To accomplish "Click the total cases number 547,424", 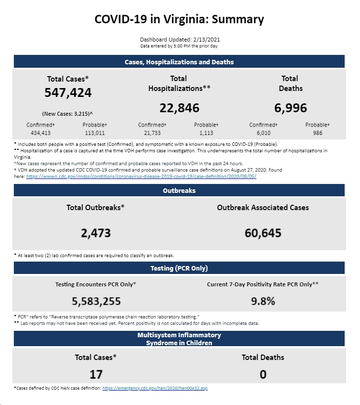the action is [68, 92].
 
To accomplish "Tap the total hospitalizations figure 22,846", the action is [180, 108].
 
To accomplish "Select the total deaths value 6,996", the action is [291, 108].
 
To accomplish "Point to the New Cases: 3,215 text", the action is [67, 114].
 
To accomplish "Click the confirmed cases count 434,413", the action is [41, 133].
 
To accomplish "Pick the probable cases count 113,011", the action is [95, 133].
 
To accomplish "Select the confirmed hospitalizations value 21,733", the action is [152, 133].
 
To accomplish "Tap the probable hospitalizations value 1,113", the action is [206, 133].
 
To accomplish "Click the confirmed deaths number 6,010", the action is [264, 133].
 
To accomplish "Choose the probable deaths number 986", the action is [317, 133].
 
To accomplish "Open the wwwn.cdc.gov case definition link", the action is [141, 177].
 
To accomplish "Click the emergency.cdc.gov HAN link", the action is [155, 388].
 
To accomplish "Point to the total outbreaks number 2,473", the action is [96, 233].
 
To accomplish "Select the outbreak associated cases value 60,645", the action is [263, 233].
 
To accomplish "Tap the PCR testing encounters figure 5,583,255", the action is [96, 301].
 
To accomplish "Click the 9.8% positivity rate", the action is [263, 301].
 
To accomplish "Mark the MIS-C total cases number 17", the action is [96, 374].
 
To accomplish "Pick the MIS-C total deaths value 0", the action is [263, 374].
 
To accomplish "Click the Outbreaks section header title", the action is [179, 190].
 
